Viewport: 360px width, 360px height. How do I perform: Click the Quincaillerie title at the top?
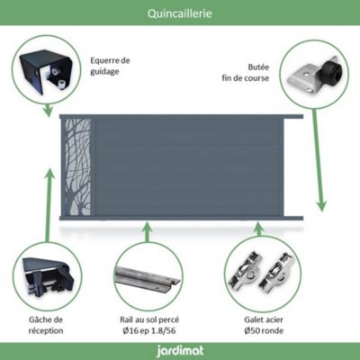[180, 13]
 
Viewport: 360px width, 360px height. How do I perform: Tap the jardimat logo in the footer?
[180, 351]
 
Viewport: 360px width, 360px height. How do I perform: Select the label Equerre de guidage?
[110, 66]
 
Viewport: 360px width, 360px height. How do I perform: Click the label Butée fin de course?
[246, 73]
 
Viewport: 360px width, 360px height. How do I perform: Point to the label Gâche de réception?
[46, 325]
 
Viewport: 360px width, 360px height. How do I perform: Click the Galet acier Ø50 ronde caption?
[264, 325]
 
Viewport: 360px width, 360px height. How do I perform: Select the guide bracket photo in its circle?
[47, 71]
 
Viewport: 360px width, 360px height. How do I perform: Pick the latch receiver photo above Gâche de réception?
[48, 276]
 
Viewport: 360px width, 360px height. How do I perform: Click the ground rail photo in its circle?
[147, 279]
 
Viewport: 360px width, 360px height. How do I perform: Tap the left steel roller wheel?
[245, 273]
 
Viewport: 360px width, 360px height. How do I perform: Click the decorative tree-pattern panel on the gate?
[77, 166]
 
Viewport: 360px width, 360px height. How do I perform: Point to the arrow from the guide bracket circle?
[48, 110]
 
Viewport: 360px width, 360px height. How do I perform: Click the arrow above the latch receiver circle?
[48, 205]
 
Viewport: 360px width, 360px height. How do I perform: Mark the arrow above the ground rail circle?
[147, 232]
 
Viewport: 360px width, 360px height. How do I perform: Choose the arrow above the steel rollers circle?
[259, 229]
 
